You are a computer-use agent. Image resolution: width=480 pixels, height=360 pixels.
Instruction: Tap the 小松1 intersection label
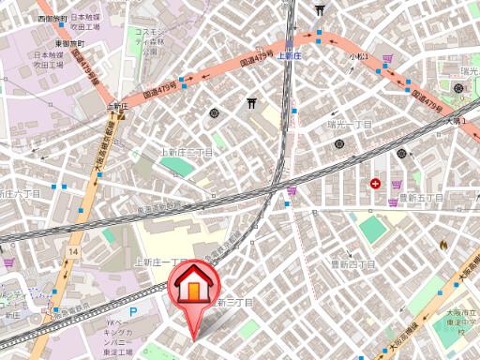360,57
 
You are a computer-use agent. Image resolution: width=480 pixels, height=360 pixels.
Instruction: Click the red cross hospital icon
376,184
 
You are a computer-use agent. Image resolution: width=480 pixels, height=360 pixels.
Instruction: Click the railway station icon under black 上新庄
120,115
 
